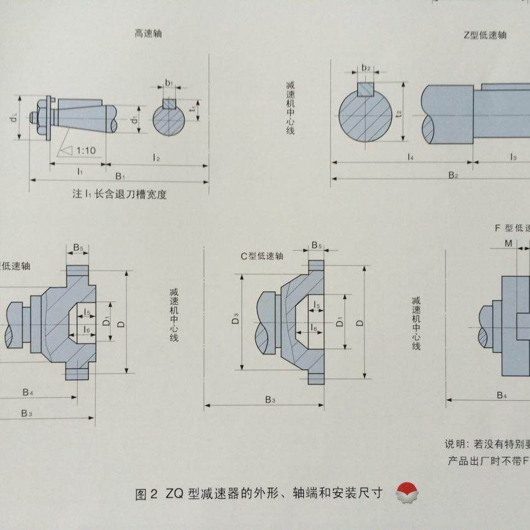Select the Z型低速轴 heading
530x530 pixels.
(x=485, y=35)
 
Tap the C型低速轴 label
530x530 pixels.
(x=262, y=256)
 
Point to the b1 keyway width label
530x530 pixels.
(x=169, y=82)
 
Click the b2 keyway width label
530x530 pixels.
(x=366, y=68)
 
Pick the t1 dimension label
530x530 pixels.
(x=194, y=108)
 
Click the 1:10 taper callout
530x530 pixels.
(x=85, y=151)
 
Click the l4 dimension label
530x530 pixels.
(x=411, y=157)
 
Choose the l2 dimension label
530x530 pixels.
(x=157, y=159)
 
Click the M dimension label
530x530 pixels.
(x=508, y=243)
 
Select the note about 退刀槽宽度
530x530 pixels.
(x=119, y=194)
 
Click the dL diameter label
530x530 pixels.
(x=13, y=117)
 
